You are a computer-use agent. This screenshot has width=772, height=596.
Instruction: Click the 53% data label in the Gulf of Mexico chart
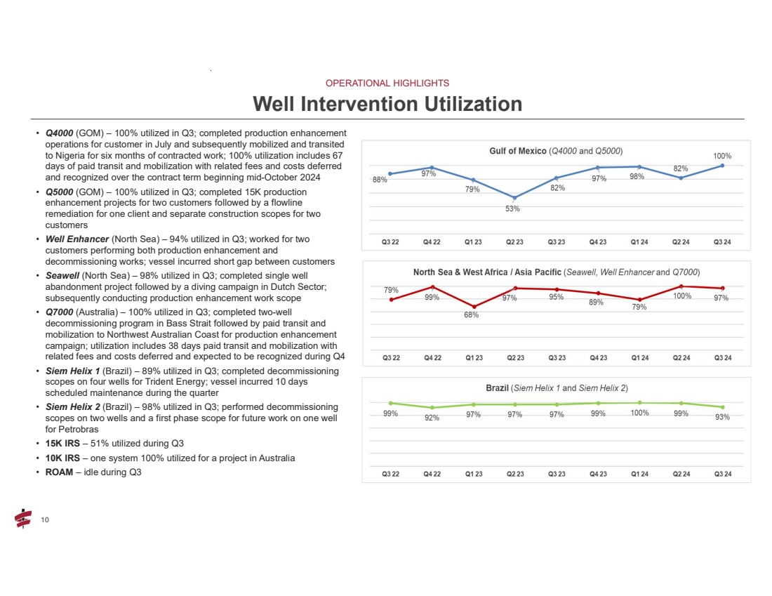tap(514, 208)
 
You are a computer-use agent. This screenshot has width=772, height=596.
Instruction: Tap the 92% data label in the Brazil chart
tap(432, 418)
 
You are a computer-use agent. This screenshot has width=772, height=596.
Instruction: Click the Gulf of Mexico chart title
tap(556, 151)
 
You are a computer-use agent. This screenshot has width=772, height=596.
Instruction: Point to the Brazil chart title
tap(556, 388)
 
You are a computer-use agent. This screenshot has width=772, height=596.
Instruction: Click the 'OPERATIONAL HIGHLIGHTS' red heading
tap(387, 83)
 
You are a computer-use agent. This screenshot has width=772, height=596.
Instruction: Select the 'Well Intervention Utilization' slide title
tap(387, 105)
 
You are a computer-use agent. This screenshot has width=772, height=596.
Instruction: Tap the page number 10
tap(45, 519)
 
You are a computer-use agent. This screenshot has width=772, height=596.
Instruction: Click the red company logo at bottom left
tap(23, 518)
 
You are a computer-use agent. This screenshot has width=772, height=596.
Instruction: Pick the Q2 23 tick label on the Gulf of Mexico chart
tap(515, 242)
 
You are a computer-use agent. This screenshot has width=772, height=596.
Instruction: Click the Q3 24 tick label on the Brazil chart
tap(722, 474)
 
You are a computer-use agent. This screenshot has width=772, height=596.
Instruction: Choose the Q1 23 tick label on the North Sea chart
tap(473, 357)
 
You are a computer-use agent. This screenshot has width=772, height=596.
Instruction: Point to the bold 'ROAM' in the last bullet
tap(59, 472)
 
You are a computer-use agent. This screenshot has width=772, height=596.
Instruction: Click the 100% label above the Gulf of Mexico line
tap(723, 156)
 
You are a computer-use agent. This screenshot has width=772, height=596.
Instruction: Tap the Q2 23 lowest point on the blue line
tap(515, 198)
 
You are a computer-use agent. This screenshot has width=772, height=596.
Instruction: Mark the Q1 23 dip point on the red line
tap(473, 307)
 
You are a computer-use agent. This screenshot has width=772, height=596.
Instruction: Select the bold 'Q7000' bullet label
tap(60, 311)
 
